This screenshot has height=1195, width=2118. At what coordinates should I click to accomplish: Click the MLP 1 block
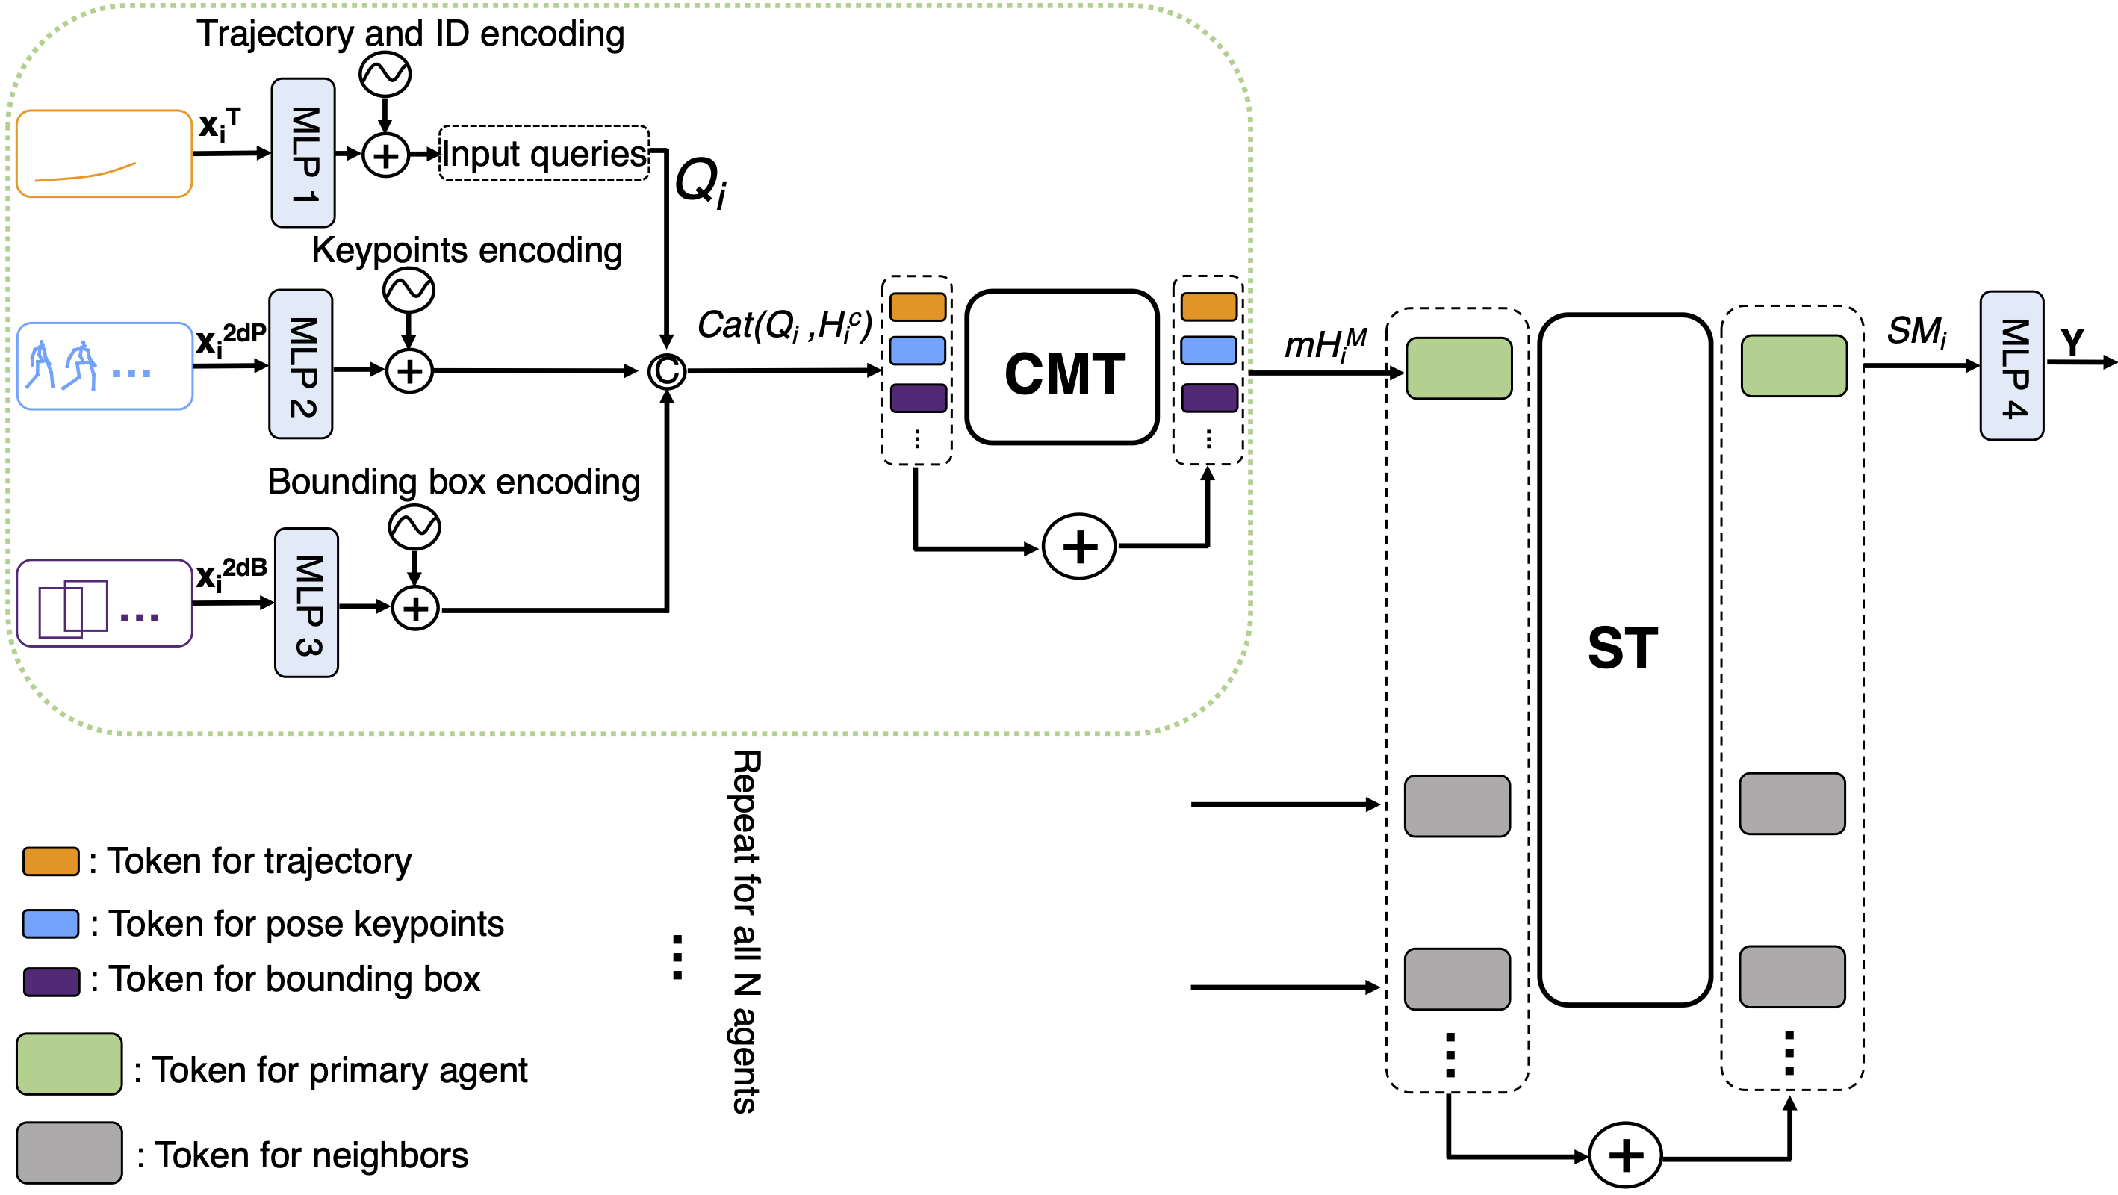(302, 153)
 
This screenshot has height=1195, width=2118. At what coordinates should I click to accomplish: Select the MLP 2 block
(301, 364)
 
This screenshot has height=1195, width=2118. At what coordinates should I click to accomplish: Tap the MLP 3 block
(306, 603)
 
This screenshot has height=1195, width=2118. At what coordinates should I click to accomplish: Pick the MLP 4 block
(2011, 366)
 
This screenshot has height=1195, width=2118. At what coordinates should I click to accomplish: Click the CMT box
(1062, 367)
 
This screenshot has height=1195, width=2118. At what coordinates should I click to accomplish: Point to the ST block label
(1622, 648)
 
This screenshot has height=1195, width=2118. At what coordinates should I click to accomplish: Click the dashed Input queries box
(544, 153)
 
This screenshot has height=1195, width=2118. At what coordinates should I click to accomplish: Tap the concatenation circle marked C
(666, 371)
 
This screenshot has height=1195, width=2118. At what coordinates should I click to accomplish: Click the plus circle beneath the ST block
(1624, 1155)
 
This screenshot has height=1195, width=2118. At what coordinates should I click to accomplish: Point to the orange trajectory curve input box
(104, 154)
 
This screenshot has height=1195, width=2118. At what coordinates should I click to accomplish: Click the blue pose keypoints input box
(105, 366)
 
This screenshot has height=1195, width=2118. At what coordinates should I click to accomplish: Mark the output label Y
(2072, 341)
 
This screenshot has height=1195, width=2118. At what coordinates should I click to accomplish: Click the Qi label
(701, 182)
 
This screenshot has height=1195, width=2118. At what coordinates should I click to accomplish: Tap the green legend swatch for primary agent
(69, 1064)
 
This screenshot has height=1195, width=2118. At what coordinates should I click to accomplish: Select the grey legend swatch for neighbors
(69, 1153)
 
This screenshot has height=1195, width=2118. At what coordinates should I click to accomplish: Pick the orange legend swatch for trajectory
(51, 861)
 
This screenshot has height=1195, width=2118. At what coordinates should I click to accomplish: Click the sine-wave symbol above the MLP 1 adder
(385, 75)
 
